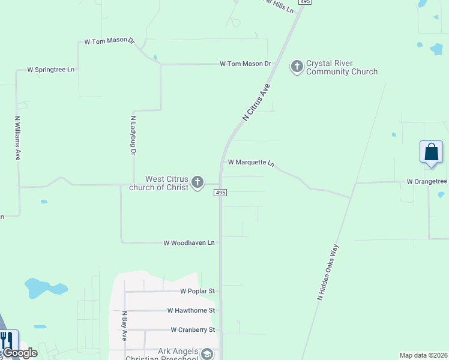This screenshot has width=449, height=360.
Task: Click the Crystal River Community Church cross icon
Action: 297,67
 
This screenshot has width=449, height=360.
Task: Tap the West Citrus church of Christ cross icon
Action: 198,183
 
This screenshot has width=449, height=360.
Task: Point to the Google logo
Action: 20,353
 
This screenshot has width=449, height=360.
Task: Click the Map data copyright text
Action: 423,355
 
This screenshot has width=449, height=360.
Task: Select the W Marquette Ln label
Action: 251,163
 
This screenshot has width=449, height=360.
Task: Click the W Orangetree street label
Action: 427,181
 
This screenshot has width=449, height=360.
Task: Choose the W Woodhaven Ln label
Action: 189,243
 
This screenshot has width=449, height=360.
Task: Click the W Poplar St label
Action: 197,291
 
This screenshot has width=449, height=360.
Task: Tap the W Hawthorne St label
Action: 191,310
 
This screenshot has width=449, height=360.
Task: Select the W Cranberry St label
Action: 193,329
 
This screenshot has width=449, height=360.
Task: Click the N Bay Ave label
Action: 125,326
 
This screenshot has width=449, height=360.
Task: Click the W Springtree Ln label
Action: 51,70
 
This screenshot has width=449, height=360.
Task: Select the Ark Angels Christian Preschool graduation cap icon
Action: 207,354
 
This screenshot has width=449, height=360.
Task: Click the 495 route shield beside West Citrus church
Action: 220,193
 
